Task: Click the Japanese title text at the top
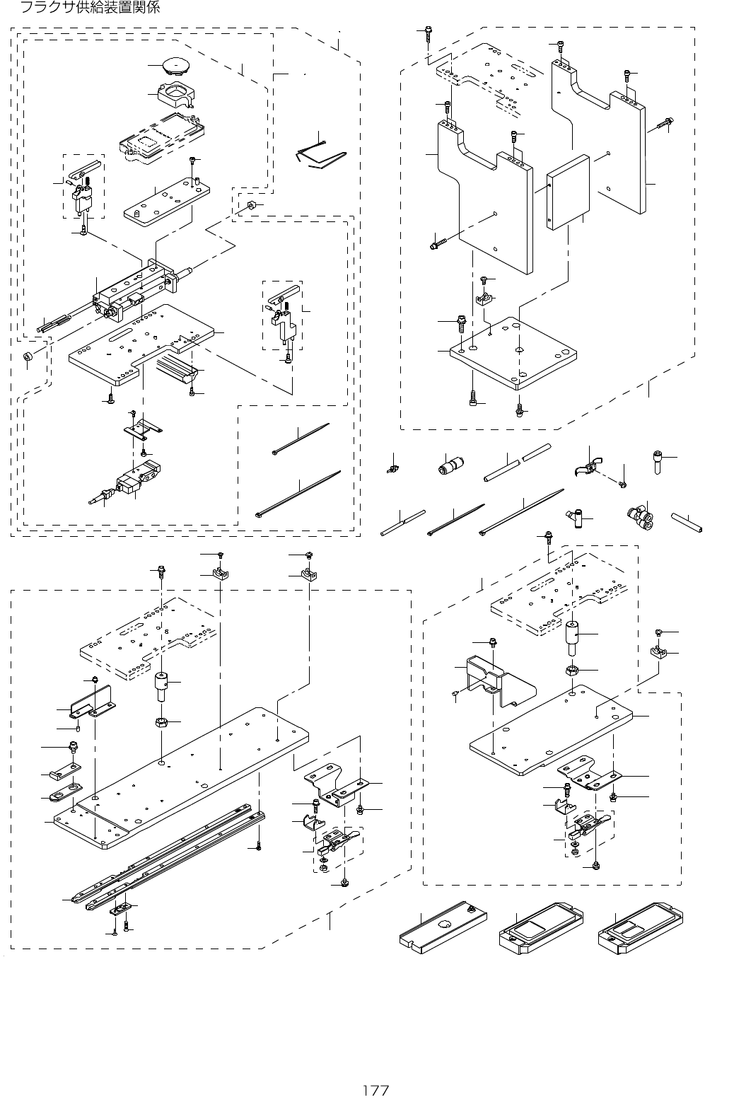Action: [90, 8]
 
